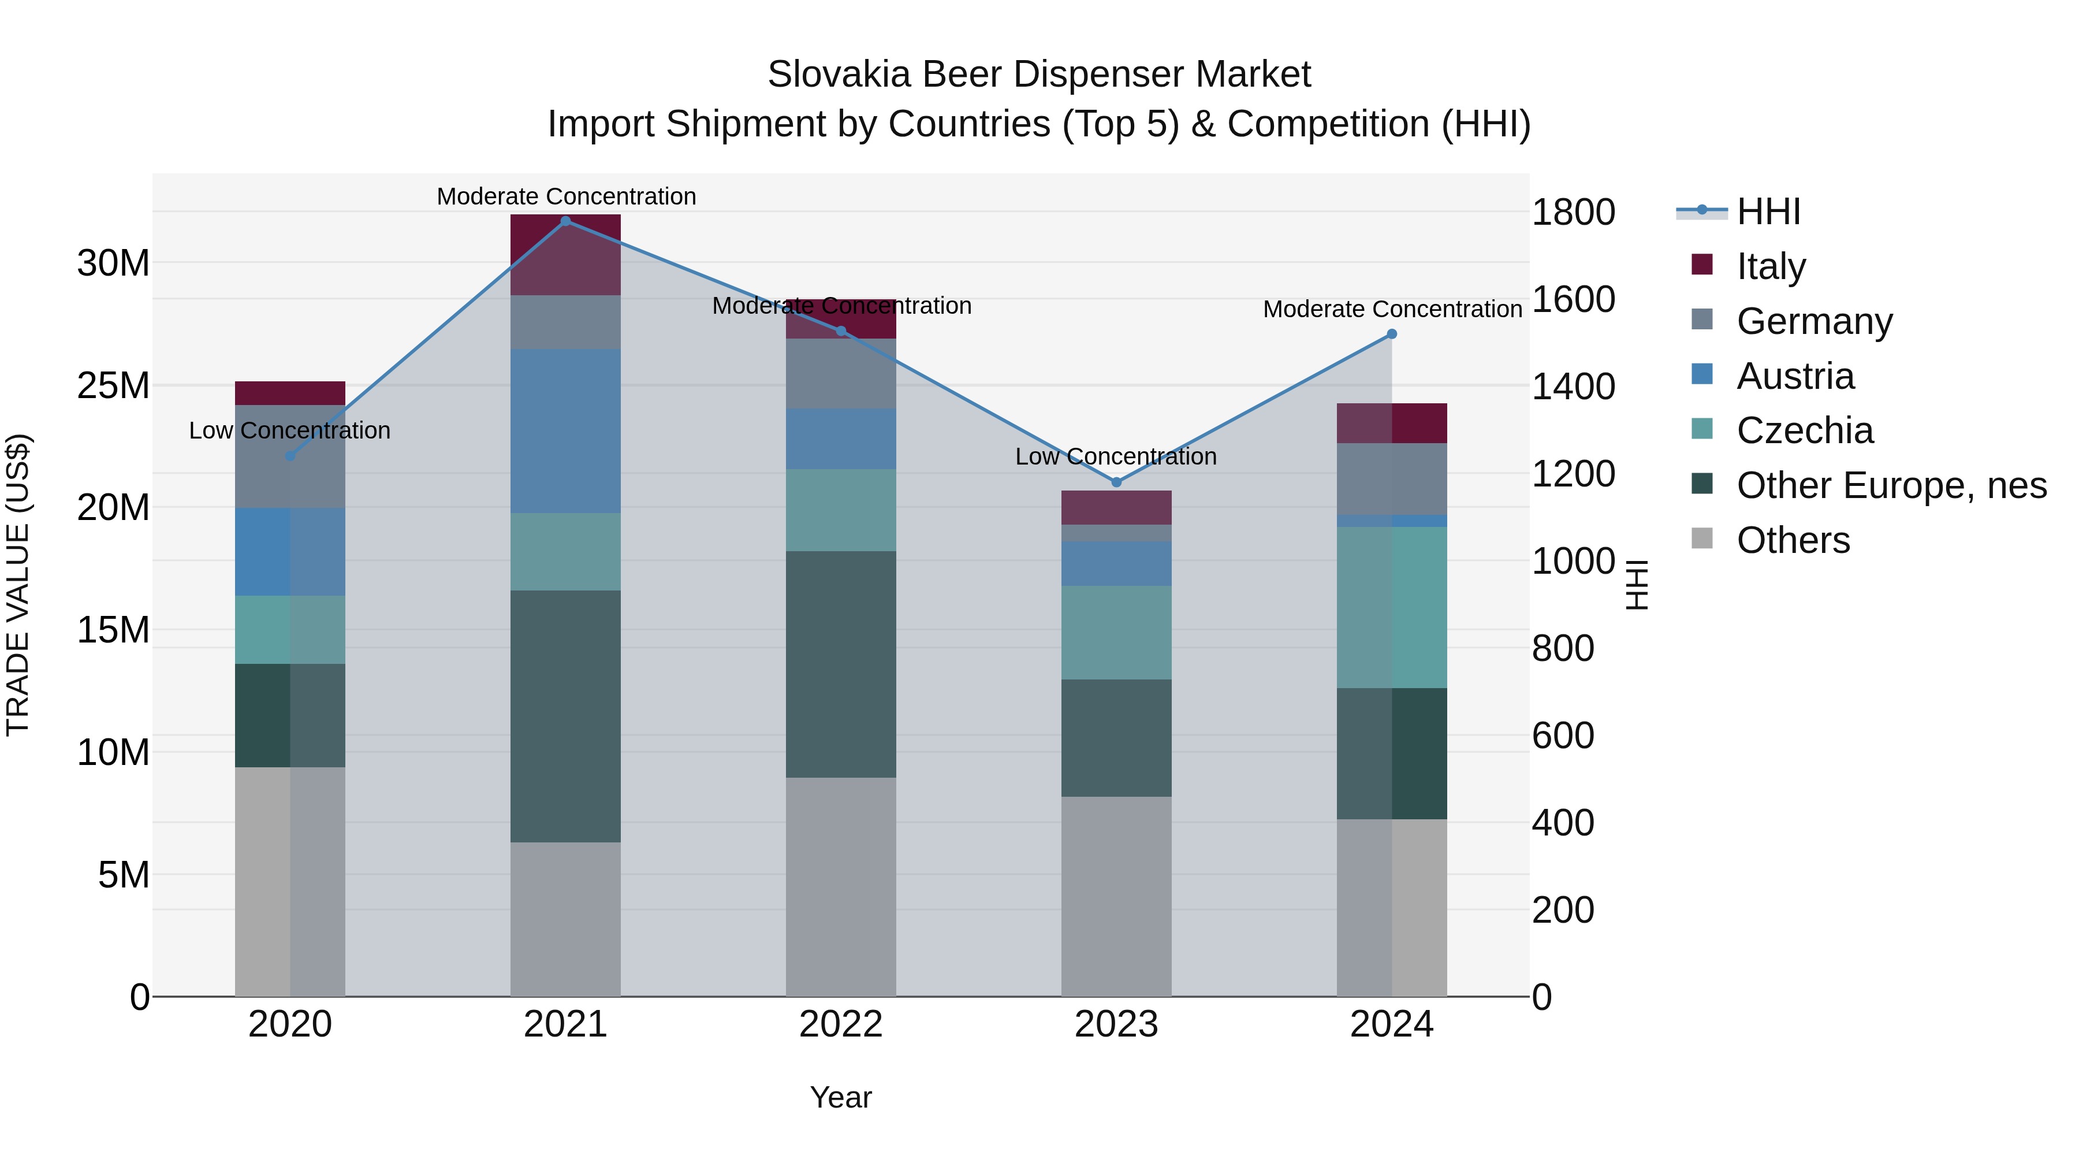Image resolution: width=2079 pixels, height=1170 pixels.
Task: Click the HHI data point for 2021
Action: [x=566, y=221]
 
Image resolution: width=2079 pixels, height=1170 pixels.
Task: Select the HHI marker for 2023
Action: [x=1116, y=482]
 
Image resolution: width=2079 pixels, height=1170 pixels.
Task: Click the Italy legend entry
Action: [x=1771, y=266]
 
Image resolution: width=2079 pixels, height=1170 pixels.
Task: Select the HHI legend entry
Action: [x=1768, y=211]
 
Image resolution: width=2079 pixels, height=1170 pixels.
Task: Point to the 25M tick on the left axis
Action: [x=113, y=386]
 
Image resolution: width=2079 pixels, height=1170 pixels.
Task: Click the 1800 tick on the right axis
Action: [x=1573, y=213]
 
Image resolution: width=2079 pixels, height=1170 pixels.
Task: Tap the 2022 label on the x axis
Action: [x=841, y=1024]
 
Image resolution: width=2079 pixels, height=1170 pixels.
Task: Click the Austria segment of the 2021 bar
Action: [x=566, y=430]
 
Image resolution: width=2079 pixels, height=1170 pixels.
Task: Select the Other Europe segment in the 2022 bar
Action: [x=841, y=664]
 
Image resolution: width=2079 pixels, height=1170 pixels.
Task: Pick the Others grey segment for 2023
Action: [x=1116, y=896]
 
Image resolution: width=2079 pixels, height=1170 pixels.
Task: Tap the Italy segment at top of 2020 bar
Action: [x=290, y=393]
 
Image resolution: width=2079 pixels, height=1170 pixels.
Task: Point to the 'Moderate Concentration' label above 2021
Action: [x=566, y=196]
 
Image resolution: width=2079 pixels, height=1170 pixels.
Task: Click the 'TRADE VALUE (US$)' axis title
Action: [x=18, y=585]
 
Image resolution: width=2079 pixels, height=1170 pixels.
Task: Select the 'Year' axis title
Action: [x=841, y=1097]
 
